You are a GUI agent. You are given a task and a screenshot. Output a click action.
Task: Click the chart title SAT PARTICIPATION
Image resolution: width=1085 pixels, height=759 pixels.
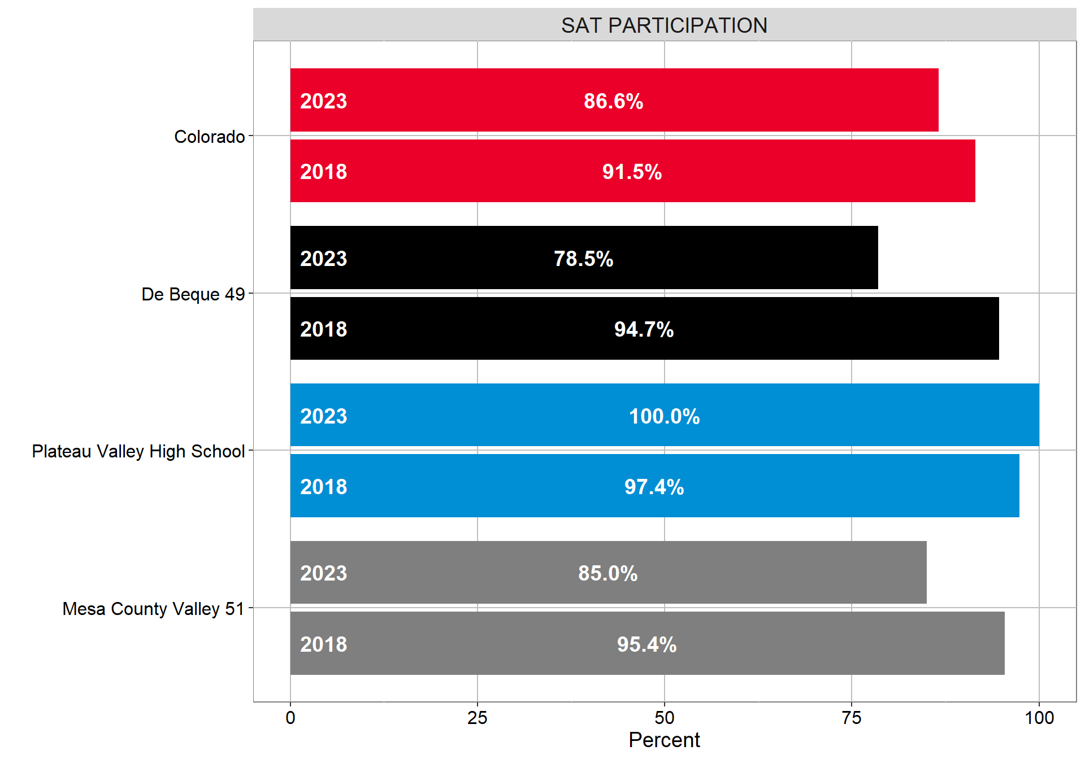[x=664, y=25]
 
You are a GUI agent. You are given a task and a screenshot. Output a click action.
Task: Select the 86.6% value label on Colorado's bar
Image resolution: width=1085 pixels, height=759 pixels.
[x=613, y=101]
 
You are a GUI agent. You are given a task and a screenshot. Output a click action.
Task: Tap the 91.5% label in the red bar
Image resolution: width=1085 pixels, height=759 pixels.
[x=632, y=172]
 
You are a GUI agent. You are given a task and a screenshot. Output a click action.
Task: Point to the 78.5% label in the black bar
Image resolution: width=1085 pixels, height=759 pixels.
[x=583, y=259]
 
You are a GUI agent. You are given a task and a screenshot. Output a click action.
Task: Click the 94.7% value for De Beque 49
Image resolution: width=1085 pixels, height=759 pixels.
[x=644, y=329]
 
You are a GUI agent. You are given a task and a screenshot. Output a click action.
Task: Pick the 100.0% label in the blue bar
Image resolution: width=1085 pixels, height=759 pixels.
[x=664, y=416]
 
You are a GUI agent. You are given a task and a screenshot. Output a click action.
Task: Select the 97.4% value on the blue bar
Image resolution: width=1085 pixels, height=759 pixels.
[x=654, y=487]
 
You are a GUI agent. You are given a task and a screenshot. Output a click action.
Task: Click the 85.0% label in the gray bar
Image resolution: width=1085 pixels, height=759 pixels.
[x=607, y=573]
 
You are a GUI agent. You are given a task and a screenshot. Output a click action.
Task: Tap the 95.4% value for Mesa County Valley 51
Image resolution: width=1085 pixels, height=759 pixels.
[x=646, y=644]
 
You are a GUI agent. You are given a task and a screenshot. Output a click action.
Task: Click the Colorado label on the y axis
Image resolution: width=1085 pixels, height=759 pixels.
[x=209, y=137]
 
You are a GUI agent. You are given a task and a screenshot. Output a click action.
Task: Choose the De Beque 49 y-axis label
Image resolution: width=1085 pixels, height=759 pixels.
[x=193, y=294]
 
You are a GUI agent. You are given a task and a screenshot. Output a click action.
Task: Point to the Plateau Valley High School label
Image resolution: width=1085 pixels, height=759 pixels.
[x=138, y=451]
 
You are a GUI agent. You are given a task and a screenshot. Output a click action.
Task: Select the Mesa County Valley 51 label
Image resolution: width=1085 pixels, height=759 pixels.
[x=153, y=609]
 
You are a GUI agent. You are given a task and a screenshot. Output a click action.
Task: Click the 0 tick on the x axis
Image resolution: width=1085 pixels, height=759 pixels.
[x=290, y=718]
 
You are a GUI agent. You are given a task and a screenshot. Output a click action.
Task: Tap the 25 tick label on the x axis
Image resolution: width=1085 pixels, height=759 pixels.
[x=478, y=718]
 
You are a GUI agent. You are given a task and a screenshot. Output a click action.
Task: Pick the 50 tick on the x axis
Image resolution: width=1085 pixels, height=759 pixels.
[x=665, y=718]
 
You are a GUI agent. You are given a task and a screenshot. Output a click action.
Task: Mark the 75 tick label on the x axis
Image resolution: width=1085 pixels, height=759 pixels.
[x=852, y=718]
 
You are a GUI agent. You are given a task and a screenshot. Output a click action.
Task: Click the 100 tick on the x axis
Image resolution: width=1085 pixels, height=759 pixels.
[x=1039, y=718]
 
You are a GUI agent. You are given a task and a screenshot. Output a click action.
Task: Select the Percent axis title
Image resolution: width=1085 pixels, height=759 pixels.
[x=664, y=740]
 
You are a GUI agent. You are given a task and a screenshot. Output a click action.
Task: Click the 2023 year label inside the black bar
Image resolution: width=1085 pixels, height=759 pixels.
[x=323, y=259]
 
